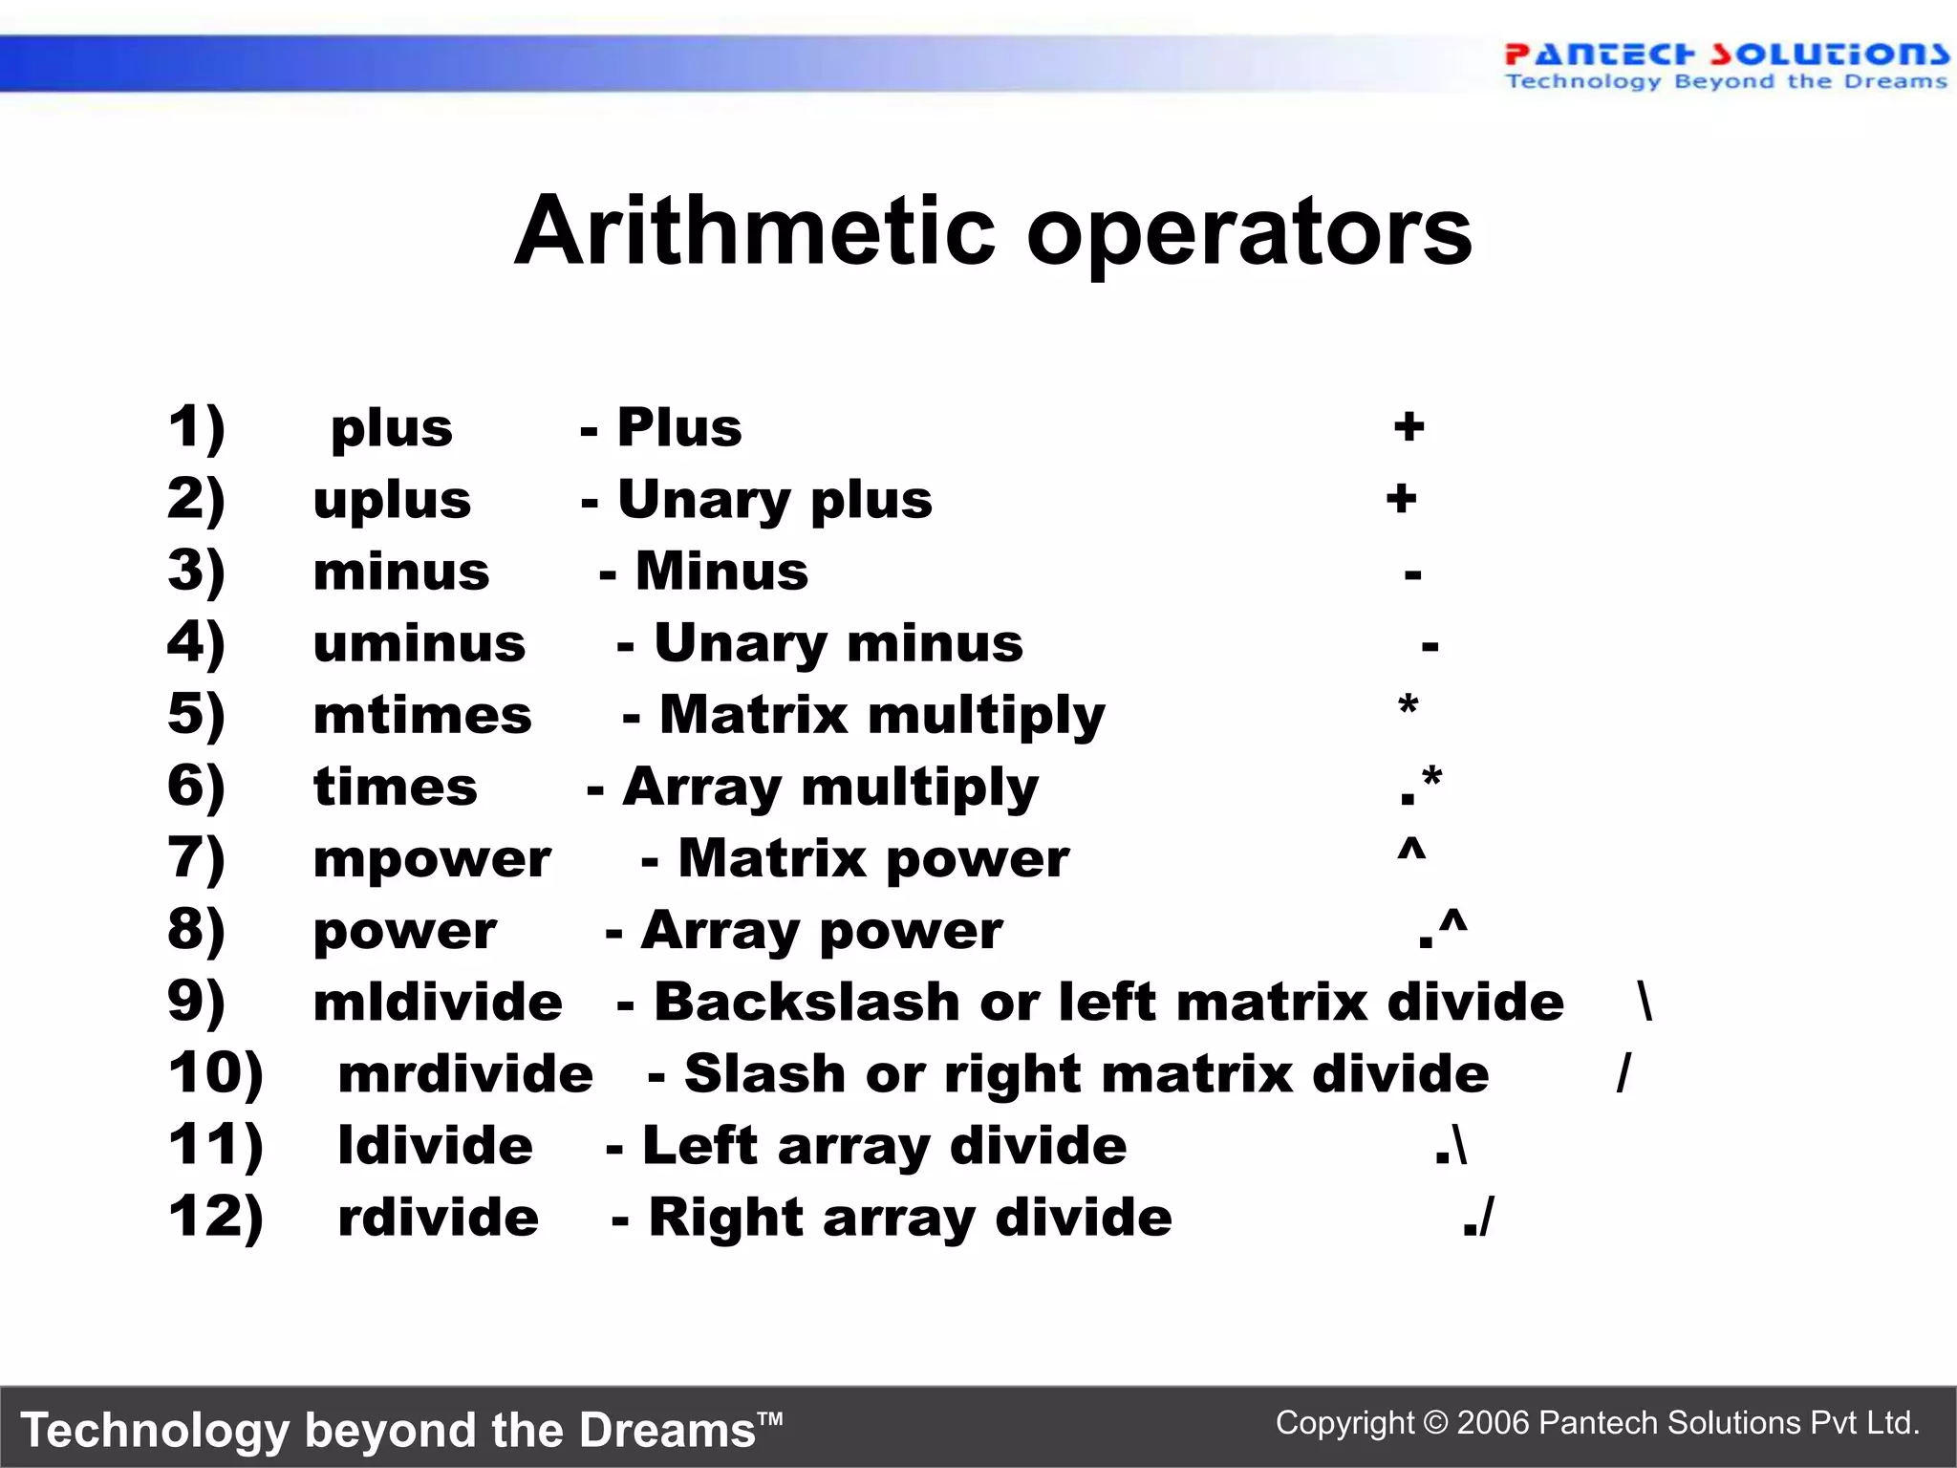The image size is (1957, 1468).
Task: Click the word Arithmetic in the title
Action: (x=756, y=232)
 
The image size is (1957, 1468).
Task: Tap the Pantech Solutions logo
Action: (x=1726, y=65)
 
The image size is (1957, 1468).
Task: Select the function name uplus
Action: (x=392, y=501)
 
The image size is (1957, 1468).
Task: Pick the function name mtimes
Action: (x=422, y=716)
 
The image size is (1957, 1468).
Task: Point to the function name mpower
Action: (x=432, y=860)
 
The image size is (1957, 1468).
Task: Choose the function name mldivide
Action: (x=438, y=1003)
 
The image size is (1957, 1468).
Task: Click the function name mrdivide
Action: (x=465, y=1074)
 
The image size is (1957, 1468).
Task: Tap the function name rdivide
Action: (x=438, y=1218)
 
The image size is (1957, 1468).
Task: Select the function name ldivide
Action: (x=435, y=1146)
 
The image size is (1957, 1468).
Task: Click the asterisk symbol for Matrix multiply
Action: (x=1408, y=708)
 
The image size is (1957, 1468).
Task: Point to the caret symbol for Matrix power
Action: (x=1411, y=850)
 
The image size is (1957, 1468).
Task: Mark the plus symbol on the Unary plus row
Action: (x=1402, y=499)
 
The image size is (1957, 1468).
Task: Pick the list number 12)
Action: (x=215, y=1218)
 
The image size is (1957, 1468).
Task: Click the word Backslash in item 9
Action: (x=806, y=1003)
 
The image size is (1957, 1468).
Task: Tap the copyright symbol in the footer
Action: (x=1435, y=1423)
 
